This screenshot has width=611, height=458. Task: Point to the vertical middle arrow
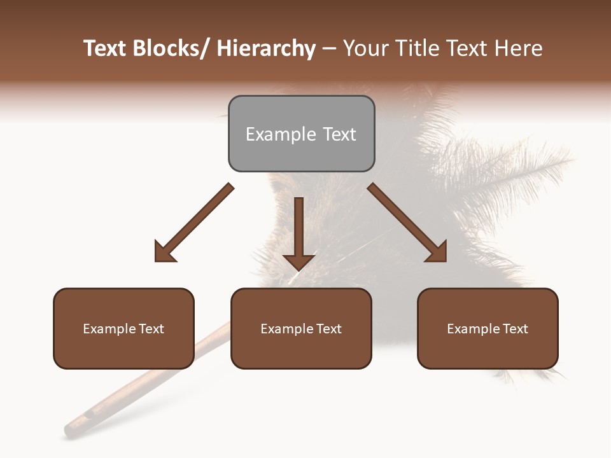point(298,229)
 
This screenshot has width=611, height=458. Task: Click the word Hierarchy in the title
point(266,48)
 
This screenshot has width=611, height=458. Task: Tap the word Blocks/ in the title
point(171,48)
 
